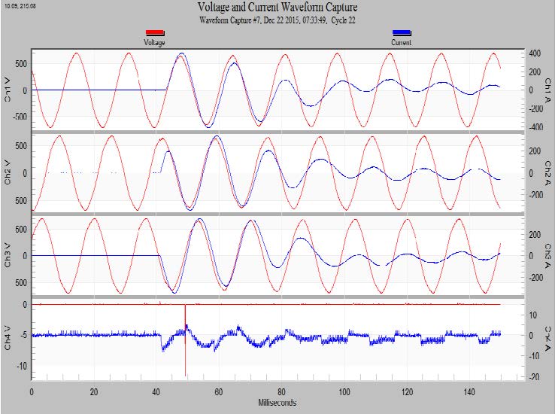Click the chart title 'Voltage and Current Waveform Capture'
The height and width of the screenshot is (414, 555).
[277, 8]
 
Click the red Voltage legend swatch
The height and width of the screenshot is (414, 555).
[155, 32]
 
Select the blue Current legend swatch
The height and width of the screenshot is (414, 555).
[402, 32]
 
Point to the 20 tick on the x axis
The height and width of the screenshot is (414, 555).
[94, 392]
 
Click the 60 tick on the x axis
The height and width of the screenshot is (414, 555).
[219, 392]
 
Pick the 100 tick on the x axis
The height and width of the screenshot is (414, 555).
[344, 392]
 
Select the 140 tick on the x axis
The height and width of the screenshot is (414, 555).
[469, 392]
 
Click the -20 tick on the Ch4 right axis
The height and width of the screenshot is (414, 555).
[533, 378]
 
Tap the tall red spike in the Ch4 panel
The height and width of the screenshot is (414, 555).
[185, 346]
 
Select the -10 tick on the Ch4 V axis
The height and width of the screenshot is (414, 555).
[22, 366]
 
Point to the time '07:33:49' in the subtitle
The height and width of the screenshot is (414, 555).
[305, 20]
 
